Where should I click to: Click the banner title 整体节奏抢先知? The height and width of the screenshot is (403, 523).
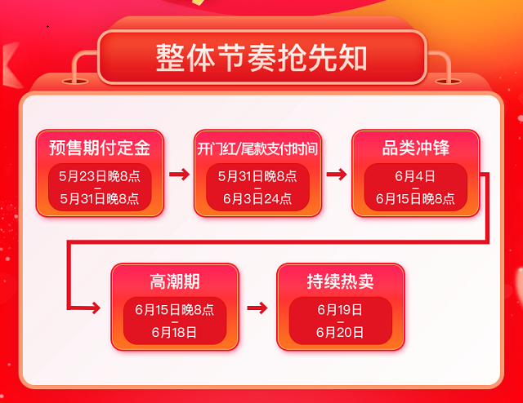(x=261, y=58)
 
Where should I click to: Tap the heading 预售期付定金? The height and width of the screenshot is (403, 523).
(x=100, y=148)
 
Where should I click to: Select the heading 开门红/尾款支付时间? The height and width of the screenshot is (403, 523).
(x=257, y=148)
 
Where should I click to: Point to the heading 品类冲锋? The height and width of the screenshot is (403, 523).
(x=415, y=148)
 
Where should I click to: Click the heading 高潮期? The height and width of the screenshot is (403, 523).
(x=174, y=282)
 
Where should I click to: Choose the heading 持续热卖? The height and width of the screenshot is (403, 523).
(x=340, y=282)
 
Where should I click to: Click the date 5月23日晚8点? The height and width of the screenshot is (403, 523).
(x=100, y=175)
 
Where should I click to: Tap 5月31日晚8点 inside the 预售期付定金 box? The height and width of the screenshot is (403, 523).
(x=100, y=198)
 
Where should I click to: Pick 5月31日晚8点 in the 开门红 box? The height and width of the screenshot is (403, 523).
(x=257, y=175)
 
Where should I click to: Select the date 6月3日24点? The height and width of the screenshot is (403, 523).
(x=257, y=198)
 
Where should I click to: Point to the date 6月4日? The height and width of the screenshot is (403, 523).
(x=415, y=175)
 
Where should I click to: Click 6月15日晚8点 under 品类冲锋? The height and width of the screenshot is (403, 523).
(x=415, y=198)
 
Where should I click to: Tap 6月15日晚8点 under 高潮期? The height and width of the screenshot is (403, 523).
(x=174, y=310)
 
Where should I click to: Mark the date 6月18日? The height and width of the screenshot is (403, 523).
(x=174, y=332)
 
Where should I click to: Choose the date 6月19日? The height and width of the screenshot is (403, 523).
(x=340, y=310)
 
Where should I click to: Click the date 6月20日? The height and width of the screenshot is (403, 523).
(x=340, y=332)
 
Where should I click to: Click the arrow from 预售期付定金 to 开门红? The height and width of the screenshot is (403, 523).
(x=178, y=174)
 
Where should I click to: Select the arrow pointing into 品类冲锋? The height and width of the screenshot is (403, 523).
(x=336, y=174)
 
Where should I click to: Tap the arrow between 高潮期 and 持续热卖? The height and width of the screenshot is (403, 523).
(x=257, y=308)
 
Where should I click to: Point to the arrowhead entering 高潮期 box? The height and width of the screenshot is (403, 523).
(x=96, y=308)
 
